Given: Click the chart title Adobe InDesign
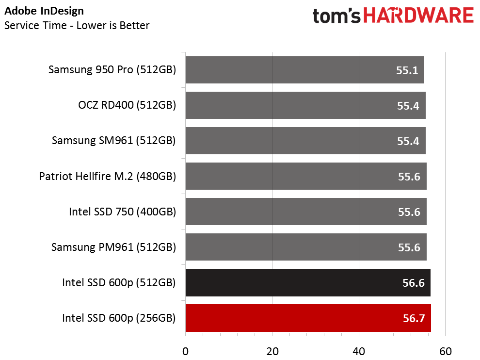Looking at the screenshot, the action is point(44,11).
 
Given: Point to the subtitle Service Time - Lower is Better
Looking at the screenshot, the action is point(77,25).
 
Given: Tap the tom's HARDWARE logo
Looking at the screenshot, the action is point(393,16).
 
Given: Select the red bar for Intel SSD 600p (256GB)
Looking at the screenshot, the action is point(308,318).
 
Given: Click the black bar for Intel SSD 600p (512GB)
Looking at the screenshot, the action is point(308,282).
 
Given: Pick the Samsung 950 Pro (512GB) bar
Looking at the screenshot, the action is point(305,70).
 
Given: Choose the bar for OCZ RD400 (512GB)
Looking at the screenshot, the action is point(305,105).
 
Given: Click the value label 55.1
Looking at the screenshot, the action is point(407,70).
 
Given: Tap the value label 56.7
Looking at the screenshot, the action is point(414,318).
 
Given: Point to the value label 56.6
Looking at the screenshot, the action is point(414,283).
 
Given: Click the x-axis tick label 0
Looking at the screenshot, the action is point(186,351).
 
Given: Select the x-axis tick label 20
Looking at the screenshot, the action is point(272,351).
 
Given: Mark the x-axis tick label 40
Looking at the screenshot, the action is point(359,351).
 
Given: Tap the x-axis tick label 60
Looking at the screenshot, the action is point(446,351).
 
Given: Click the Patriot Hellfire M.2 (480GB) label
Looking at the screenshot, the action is point(108,177).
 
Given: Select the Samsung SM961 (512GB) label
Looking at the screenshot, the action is point(114,141).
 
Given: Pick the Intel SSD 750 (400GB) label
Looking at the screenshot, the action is point(123,212).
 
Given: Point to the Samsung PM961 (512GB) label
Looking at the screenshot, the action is point(113,247).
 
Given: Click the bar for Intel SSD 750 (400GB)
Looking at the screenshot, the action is point(306,212).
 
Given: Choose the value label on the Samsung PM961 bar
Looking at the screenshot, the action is point(409,247).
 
